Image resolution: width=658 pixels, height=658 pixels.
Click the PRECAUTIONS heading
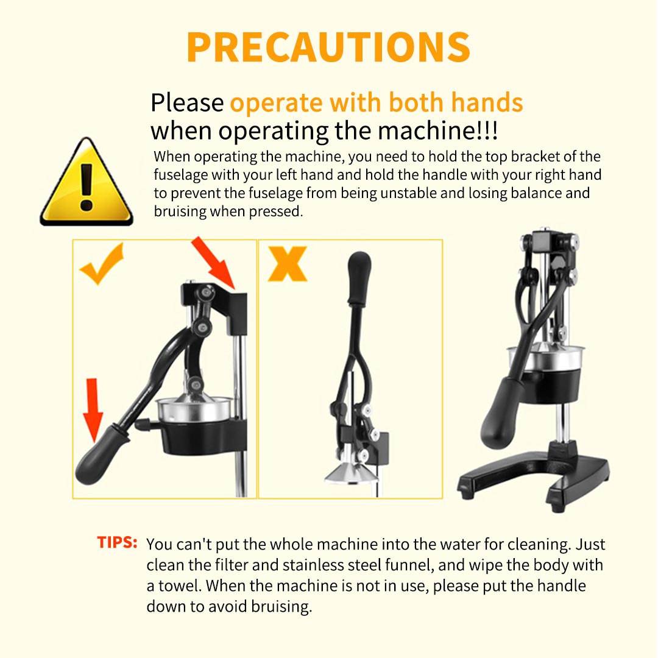328,47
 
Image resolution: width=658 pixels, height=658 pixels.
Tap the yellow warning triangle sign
87,183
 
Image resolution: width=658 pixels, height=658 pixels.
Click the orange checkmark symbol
102,264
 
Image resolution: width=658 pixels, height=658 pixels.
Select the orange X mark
288,264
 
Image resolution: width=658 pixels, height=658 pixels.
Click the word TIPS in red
117,542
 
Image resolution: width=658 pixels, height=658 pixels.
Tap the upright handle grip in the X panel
359,278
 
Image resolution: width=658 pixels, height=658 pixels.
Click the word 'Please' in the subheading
187,103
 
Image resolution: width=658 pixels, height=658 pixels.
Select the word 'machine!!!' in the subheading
437,130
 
